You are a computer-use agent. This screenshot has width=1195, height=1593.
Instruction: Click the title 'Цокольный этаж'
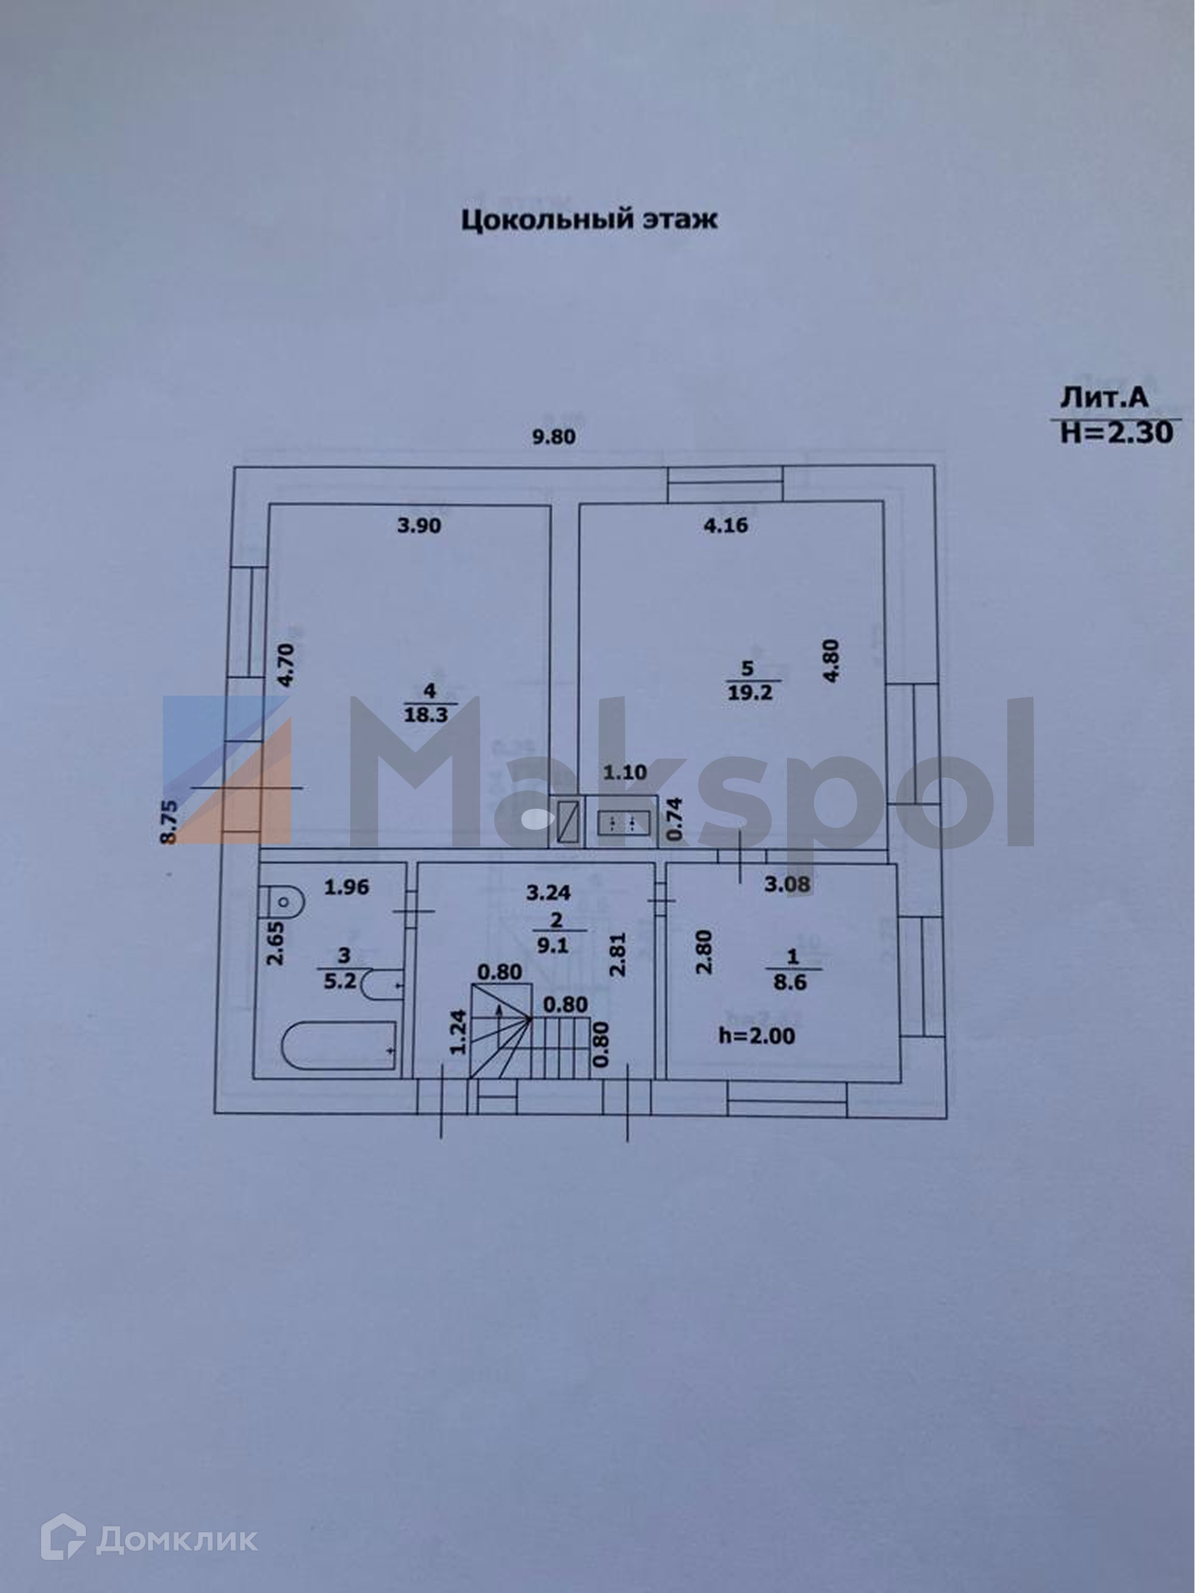(x=589, y=219)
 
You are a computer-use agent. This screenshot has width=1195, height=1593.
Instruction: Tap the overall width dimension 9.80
(x=553, y=436)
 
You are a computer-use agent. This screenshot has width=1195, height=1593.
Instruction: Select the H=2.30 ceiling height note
(x=1117, y=432)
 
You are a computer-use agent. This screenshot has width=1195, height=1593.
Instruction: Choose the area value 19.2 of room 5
(x=749, y=693)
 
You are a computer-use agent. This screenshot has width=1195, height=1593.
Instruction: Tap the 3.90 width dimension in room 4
(x=419, y=526)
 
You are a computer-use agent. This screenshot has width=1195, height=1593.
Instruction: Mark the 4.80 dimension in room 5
(x=831, y=660)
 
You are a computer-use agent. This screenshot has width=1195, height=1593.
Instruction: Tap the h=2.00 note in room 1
(x=757, y=1036)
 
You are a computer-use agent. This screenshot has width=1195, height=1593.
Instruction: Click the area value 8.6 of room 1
(x=790, y=982)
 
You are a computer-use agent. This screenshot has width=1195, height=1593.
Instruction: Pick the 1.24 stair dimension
(x=459, y=1032)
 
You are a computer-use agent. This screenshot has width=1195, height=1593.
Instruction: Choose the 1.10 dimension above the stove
(x=625, y=773)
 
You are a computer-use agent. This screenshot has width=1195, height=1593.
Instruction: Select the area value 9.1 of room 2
(x=553, y=946)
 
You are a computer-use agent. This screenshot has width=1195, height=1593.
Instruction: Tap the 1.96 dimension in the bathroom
(x=346, y=887)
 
